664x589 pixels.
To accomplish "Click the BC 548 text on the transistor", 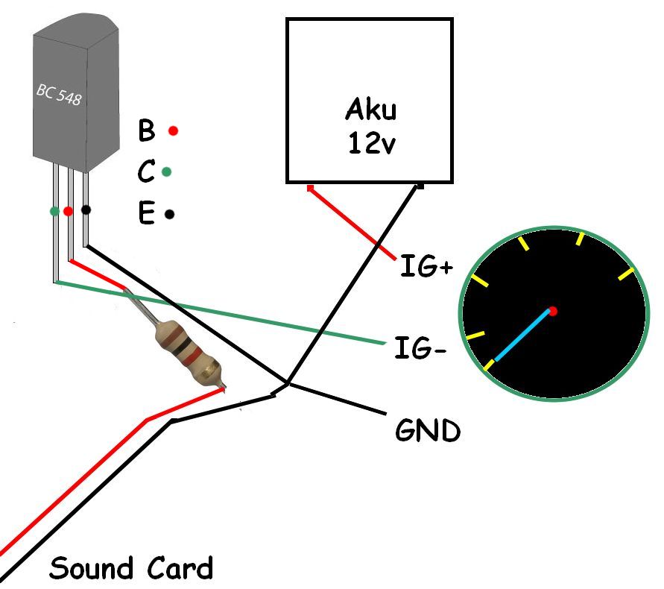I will coord(60,95).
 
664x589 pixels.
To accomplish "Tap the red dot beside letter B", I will coord(173,131).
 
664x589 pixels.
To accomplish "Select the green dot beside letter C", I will coord(167,172).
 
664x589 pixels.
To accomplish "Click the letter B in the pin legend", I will coord(147,131).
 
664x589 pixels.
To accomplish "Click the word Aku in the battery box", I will coord(370,110).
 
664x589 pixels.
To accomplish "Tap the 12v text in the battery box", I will coord(370,143).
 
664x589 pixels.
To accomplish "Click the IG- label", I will coord(420,347).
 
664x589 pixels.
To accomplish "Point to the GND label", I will coord(428,430).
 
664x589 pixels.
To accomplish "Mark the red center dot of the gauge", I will coord(552,310).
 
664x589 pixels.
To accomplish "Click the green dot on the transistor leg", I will coord(54,211).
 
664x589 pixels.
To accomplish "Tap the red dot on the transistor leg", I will coord(69,211).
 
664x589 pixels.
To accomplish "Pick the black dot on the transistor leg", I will coord(86,210).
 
